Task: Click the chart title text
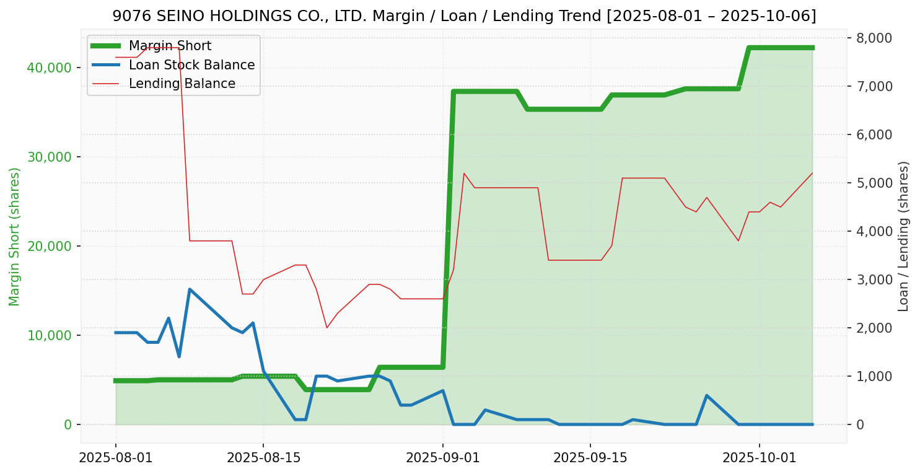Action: [x=464, y=16]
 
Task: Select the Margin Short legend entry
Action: [x=170, y=46]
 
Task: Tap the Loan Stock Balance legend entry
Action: [x=191, y=65]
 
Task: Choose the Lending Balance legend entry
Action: [x=182, y=84]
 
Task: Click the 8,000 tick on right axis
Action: [x=874, y=38]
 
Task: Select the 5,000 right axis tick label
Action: [x=874, y=183]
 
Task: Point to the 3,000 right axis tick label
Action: [x=874, y=279]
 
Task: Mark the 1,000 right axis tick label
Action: [x=874, y=376]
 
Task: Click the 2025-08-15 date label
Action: [x=263, y=458]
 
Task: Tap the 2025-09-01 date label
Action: [x=442, y=458]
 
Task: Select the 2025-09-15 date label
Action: [x=590, y=458]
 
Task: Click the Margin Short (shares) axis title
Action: [x=15, y=237]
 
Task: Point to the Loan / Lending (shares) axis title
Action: [x=903, y=236]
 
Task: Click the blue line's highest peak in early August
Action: [x=190, y=289]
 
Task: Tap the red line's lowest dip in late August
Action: [x=326, y=327]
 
